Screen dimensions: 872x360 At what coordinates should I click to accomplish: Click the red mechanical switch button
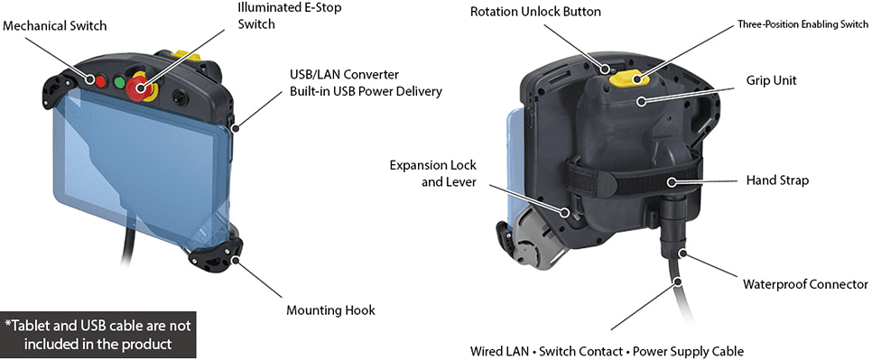tap(100, 82)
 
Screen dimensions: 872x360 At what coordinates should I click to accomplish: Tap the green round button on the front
tap(119, 83)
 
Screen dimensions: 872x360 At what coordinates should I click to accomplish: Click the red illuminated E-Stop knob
tap(137, 88)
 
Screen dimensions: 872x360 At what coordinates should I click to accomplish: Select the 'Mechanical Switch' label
tap(54, 25)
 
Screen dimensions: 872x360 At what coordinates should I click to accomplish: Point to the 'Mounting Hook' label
tap(331, 310)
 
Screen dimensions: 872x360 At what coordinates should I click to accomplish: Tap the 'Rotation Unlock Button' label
tap(535, 11)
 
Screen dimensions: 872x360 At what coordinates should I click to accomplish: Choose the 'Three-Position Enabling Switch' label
tap(802, 24)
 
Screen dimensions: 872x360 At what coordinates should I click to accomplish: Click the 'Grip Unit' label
tap(771, 80)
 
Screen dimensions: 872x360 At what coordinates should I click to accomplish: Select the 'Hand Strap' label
tap(777, 180)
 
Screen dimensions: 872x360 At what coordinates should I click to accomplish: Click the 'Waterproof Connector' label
tap(805, 284)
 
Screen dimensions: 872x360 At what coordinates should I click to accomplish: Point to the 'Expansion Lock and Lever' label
tap(433, 173)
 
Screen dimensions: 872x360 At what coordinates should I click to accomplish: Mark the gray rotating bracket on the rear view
tap(536, 245)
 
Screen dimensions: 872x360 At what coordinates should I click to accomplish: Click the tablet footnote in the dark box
tap(97, 334)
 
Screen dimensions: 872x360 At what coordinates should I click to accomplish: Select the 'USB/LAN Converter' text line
tap(344, 74)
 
